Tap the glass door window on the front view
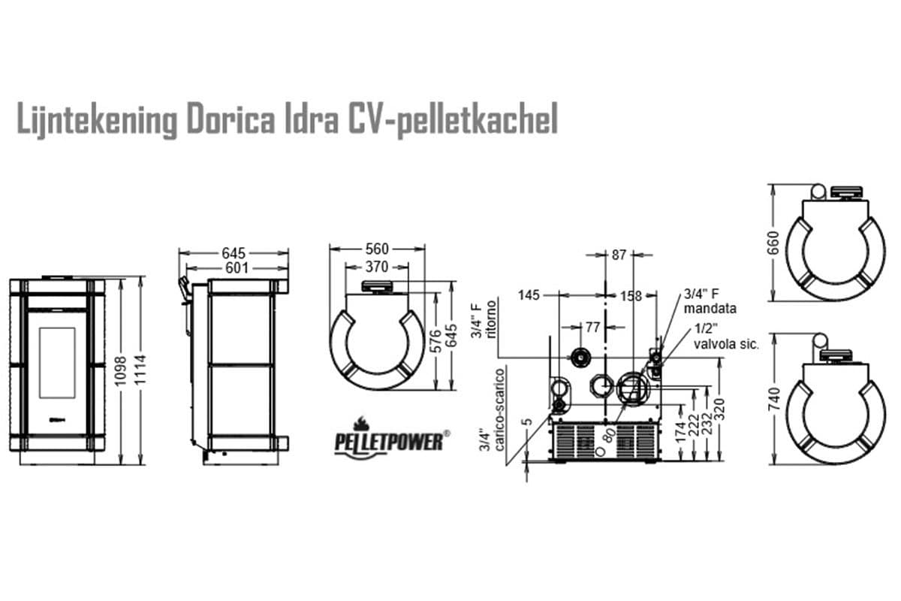(x=56, y=364)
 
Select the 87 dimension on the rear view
(x=619, y=255)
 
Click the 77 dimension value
(x=592, y=327)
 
